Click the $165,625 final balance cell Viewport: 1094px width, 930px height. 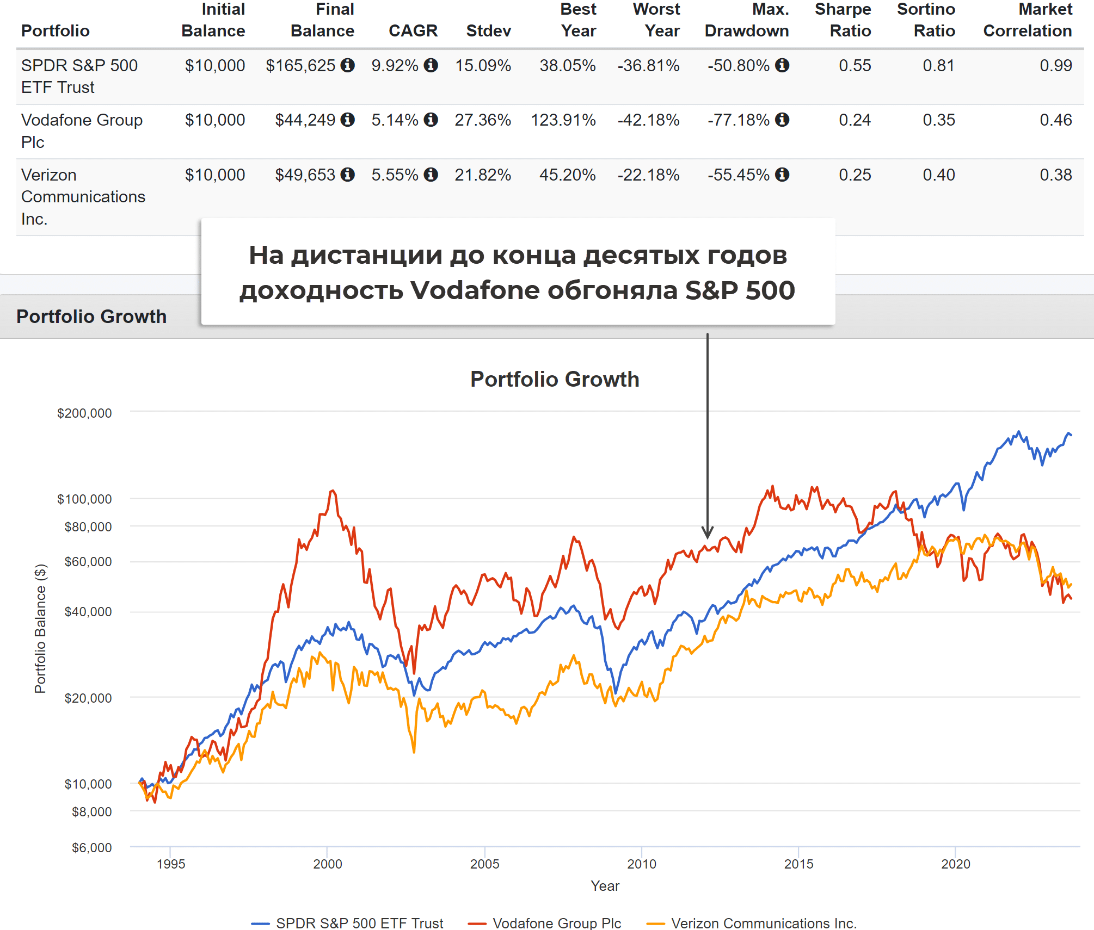pyautogui.click(x=300, y=66)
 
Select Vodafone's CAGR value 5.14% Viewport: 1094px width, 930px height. pyautogui.click(x=395, y=120)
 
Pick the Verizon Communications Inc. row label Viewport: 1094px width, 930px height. pyautogui.click(x=83, y=196)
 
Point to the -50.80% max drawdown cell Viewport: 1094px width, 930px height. pyautogui.click(x=738, y=66)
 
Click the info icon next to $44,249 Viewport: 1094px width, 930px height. pyautogui.click(x=348, y=120)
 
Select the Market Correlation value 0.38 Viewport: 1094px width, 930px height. pyautogui.click(x=1055, y=175)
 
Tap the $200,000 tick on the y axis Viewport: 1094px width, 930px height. pyautogui.click(x=84, y=413)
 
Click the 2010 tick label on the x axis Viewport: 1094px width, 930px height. pyautogui.click(x=642, y=864)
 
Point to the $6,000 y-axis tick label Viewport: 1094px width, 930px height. pyautogui.click(x=91, y=848)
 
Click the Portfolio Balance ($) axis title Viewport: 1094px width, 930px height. pyautogui.click(x=40, y=628)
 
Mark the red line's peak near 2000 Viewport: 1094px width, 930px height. pyautogui.click(x=333, y=491)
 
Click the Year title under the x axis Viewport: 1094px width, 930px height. pyautogui.click(x=605, y=886)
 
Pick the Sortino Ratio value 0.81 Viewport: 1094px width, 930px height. pyautogui.click(x=938, y=66)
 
